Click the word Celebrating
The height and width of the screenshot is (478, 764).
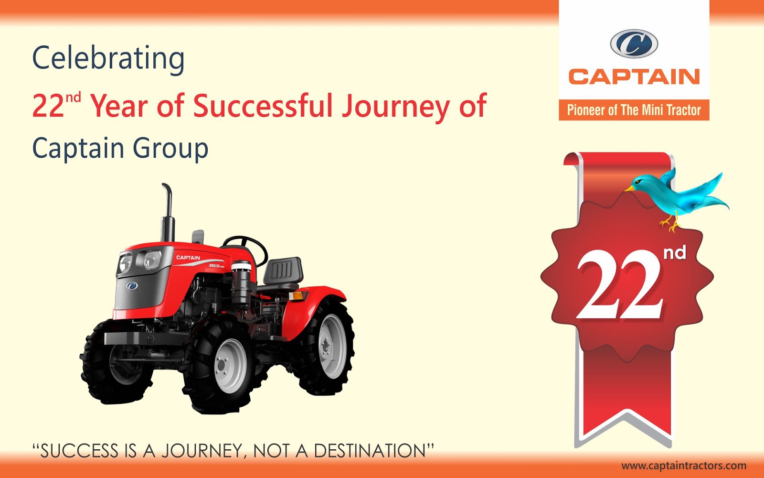tap(108, 59)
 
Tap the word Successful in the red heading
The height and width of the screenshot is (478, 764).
tap(263, 106)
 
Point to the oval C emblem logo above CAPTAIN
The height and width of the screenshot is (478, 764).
tap(634, 44)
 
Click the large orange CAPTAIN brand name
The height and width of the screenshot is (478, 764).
tap(634, 77)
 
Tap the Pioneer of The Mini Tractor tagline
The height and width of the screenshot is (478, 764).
tap(634, 110)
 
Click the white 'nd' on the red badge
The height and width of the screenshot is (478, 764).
tap(675, 252)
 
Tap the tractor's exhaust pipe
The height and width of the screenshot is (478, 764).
tap(167, 210)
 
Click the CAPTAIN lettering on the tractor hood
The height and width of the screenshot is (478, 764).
tap(188, 258)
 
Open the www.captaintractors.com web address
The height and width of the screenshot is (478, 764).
tap(684, 466)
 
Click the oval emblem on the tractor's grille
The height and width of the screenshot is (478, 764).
tap(132, 285)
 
